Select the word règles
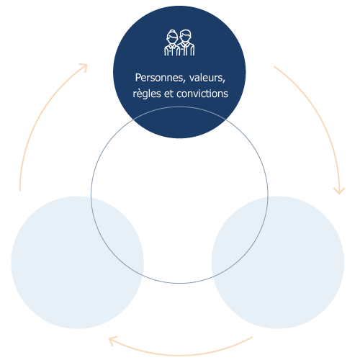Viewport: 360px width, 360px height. (x=147, y=94)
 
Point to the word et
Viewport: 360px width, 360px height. (x=168, y=94)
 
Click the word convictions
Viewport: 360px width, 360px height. (x=202, y=94)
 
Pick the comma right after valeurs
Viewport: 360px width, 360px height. (x=224, y=81)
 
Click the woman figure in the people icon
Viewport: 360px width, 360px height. (x=172, y=42)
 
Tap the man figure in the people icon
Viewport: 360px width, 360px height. (x=186, y=42)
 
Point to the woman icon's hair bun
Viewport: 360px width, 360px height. (x=172, y=31)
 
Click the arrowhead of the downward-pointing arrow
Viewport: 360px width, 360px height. (x=339, y=191)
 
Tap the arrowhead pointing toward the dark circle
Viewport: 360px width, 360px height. (x=84, y=67)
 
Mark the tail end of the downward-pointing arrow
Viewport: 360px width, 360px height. (x=274, y=67)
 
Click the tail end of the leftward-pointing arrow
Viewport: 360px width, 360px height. (x=253, y=337)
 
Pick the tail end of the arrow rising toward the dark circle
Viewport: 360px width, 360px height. (x=20, y=191)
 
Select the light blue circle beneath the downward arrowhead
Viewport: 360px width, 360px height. (x=278, y=262)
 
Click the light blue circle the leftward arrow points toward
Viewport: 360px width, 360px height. (x=77, y=262)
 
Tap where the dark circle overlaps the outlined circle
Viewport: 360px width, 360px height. (x=179, y=123)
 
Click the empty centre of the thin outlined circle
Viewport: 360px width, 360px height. (x=179, y=195)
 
